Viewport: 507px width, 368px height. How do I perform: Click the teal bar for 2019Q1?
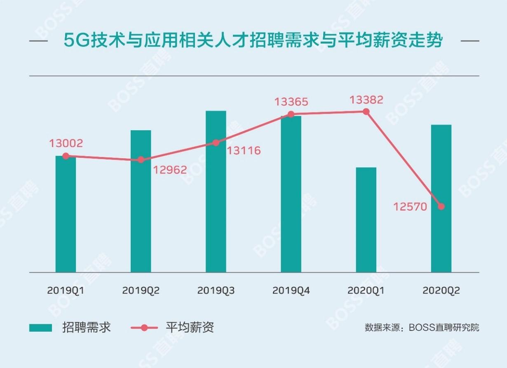[x=66, y=214]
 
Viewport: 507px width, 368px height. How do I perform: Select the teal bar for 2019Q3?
[x=216, y=192]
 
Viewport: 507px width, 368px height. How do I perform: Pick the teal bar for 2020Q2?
[x=441, y=198]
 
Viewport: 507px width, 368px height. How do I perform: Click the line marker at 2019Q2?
[x=141, y=160]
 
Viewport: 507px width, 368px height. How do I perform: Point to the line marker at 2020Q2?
[x=441, y=206]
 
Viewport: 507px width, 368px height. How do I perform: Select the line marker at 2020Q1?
[x=366, y=112]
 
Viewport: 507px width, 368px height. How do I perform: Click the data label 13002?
[x=66, y=143]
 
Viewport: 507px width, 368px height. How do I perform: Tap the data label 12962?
[x=170, y=169]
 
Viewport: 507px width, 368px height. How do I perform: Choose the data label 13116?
[x=244, y=150]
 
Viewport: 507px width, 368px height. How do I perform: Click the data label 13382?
[x=366, y=99]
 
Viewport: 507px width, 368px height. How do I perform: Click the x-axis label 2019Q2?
[x=141, y=291]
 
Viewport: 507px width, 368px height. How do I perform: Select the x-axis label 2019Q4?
[x=291, y=291]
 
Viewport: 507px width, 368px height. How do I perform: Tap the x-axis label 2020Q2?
[x=441, y=291]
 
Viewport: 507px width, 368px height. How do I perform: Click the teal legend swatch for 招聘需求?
[x=40, y=328]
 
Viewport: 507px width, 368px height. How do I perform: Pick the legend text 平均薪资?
[x=190, y=328]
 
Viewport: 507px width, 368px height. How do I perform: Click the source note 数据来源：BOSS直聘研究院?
[x=422, y=328]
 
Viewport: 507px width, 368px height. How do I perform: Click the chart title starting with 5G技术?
[x=253, y=41]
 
